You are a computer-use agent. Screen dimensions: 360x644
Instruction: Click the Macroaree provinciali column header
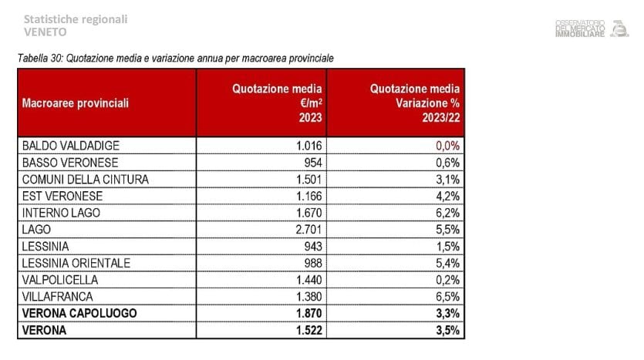tap(76, 103)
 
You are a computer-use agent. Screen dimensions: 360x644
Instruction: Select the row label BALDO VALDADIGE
tap(71, 145)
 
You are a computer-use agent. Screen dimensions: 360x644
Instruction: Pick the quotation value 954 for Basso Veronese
tap(317, 162)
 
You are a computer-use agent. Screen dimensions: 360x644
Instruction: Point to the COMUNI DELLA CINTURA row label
tap(85, 179)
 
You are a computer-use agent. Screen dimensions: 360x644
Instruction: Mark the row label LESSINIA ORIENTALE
tap(76, 263)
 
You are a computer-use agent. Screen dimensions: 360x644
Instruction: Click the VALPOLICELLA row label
tap(60, 280)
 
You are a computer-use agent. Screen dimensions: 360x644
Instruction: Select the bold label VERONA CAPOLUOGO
tap(79, 314)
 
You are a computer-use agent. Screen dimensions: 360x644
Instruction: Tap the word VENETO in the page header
tap(46, 32)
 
